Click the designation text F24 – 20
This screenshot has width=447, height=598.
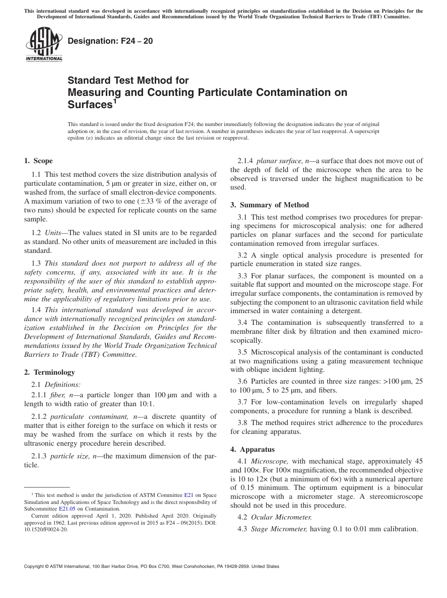(x=110, y=41)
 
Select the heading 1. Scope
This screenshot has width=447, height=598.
(x=38, y=161)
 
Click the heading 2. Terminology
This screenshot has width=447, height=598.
(x=49, y=372)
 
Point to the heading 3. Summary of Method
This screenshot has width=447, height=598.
(x=270, y=205)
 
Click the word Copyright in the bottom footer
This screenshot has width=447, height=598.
(x=39, y=567)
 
